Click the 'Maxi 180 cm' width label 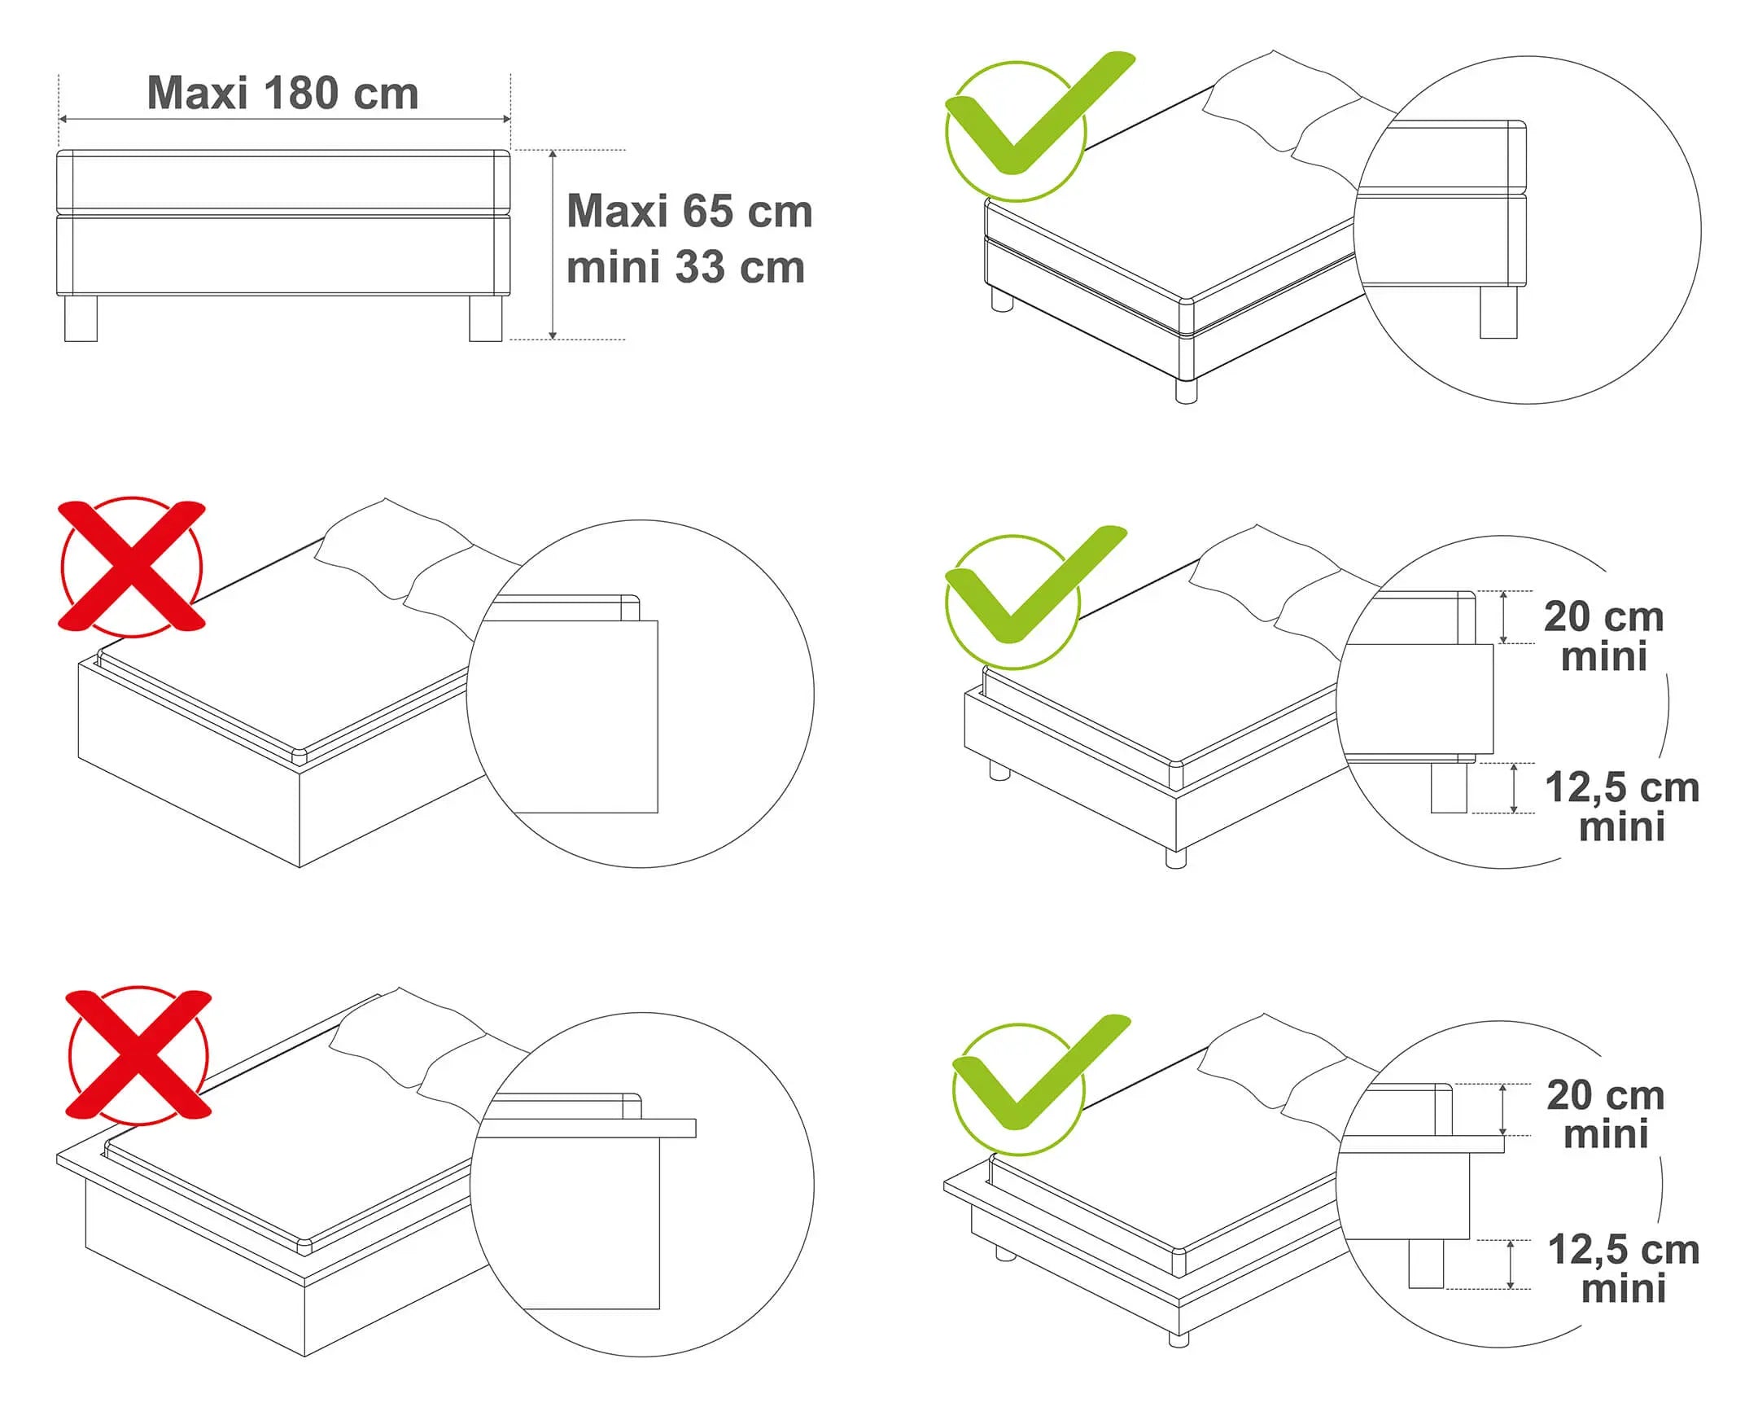pyautogui.click(x=282, y=93)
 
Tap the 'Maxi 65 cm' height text pyautogui.click(x=690, y=211)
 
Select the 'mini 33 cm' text pyautogui.click(x=686, y=267)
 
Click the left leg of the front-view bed pyautogui.click(x=81, y=318)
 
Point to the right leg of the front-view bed pyautogui.click(x=486, y=318)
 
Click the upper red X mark pyautogui.click(x=132, y=566)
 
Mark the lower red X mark pyautogui.click(x=138, y=1054)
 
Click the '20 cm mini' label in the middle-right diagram pyautogui.click(x=1604, y=637)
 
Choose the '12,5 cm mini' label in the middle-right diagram pyautogui.click(x=1622, y=808)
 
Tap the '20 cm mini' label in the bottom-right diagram pyautogui.click(x=1606, y=1114)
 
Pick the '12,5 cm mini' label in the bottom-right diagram pyautogui.click(x=1624, y=1269)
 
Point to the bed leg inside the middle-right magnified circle pyautogui.click(x=1449, y=787)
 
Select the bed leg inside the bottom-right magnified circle pyautogui.click(x=1426, y=1265)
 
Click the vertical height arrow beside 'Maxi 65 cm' pyautogui.click(x=553, y=245)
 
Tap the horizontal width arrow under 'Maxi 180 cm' pyautogui.click(x=285, y=119)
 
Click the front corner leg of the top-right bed pyautogui.click(x=1187, y=391)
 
